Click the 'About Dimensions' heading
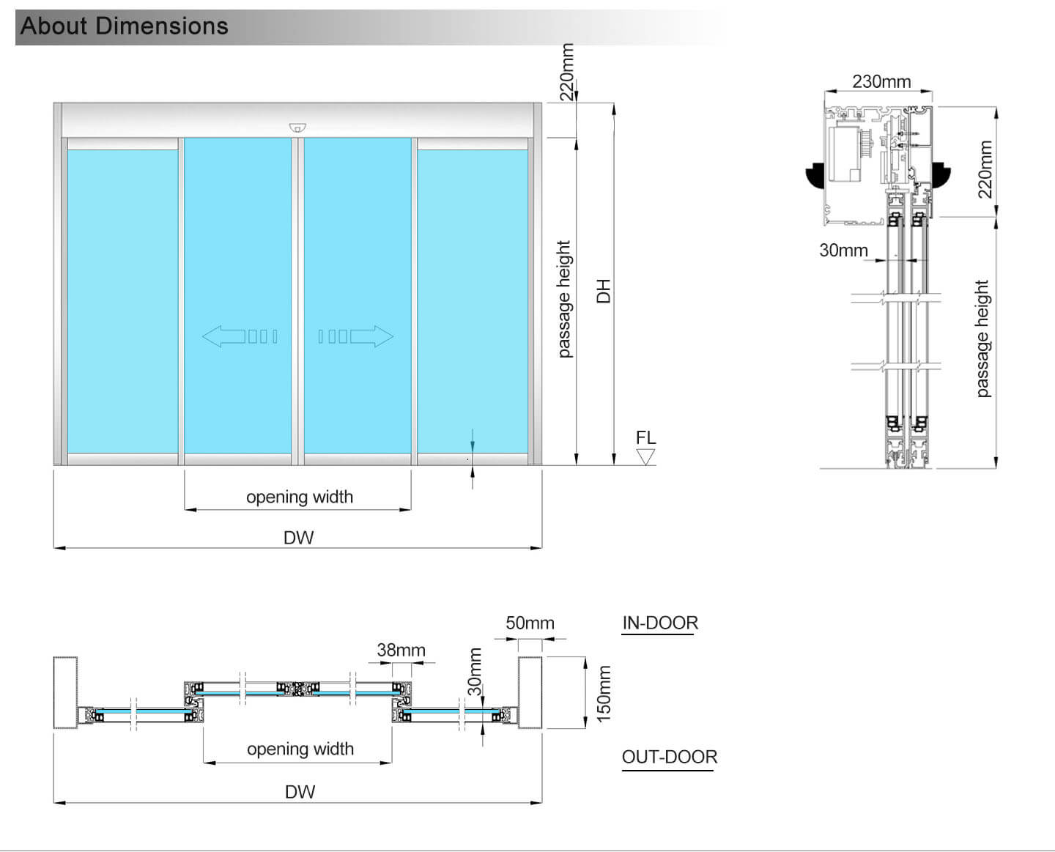coord(125,26)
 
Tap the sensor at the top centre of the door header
coord(297,128)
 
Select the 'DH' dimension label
coord(603,291)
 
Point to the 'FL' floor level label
coord(646,437)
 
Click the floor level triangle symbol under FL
coord(645,456)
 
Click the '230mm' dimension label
coord(881,81)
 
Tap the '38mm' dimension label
coord(401,650)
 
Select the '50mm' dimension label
coord(530,623)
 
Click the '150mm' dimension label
coord(604,694)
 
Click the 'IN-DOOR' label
coord(660,623)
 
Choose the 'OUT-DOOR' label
coord(669,757)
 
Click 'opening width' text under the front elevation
coord(300,497)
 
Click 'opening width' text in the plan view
coord(300,749)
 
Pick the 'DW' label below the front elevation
coord(299,538)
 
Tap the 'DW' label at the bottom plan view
coord(300,792)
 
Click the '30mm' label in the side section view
coord(843,250)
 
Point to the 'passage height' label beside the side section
coord(982,338)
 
